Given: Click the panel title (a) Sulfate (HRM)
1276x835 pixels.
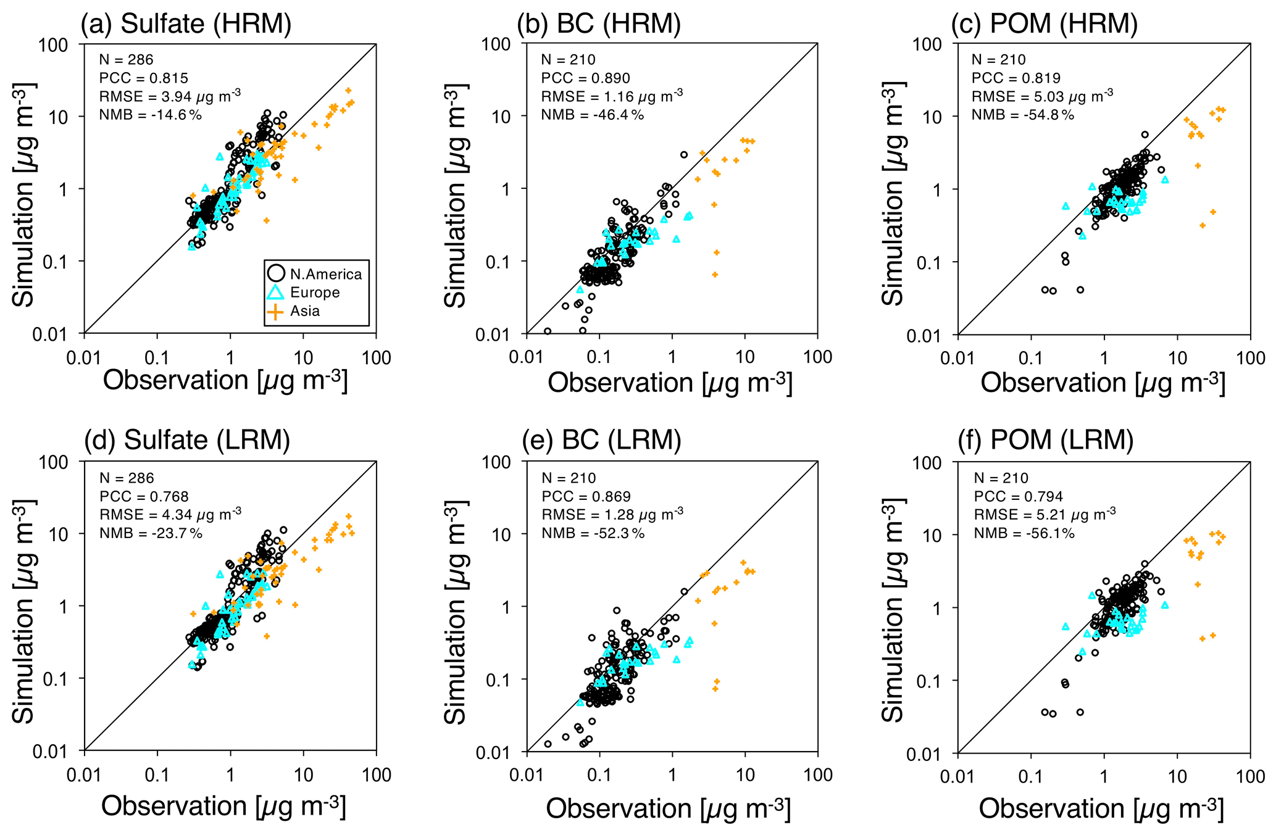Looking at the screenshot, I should (x=186, y=23).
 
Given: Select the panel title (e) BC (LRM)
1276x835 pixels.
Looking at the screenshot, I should (x=601, y=440).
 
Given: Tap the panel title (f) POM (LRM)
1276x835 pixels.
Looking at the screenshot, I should (x=1045, y=440).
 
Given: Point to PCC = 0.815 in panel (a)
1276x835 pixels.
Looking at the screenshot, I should (x=143, y=78).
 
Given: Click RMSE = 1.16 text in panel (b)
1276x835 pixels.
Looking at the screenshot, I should (x=611, y=97).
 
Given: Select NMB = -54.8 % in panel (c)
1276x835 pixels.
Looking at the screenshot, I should (x=1022, y=115).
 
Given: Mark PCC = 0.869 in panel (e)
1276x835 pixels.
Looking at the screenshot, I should (x=586, y=497).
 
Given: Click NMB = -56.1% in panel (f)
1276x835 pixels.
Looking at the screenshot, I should (x=1024, y=533).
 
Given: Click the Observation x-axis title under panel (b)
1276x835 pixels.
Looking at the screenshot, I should (x=669, y=383).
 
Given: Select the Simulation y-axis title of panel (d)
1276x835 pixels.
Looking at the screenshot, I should (x=23, y=611).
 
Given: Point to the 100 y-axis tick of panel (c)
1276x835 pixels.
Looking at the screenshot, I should (x=927, y=44).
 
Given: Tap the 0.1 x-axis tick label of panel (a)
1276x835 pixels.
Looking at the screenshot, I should (x=157, y=358).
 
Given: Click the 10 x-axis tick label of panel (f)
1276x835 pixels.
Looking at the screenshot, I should (x=1177, y=776).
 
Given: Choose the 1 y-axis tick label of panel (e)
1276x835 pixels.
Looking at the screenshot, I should (x=506, y=607).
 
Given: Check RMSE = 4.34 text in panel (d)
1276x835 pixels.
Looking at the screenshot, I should (x=170, y=515).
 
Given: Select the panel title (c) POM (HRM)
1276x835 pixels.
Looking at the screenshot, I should (x=1044, y=23).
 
